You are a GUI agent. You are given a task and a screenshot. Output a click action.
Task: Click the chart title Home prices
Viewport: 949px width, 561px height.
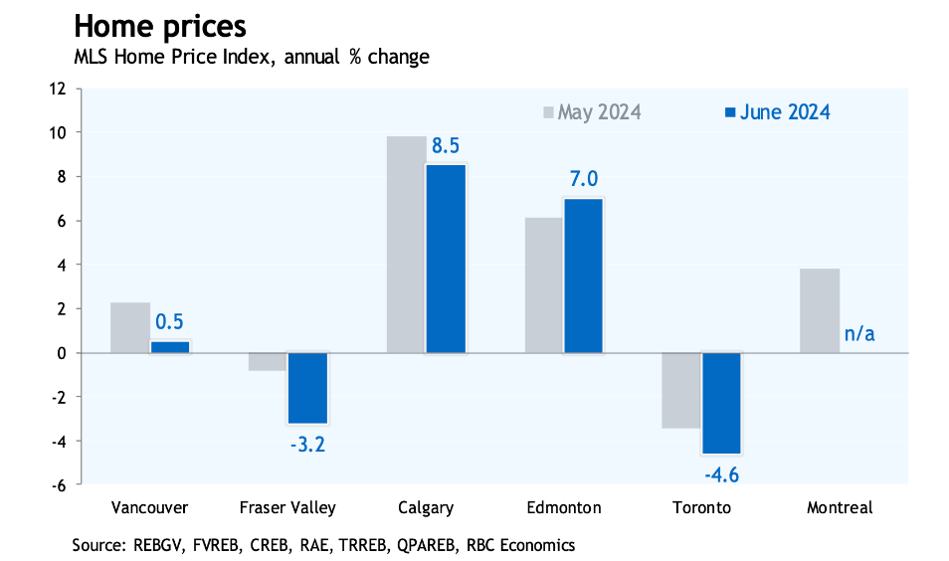(x=159, y=25)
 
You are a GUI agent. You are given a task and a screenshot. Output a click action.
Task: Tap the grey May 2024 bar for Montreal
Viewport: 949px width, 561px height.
(x=821, y=310)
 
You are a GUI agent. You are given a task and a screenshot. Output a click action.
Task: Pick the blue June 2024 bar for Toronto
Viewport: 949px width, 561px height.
(x=721, y=403)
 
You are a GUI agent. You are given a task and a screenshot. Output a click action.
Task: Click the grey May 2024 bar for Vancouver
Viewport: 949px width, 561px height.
(x=130, y=327)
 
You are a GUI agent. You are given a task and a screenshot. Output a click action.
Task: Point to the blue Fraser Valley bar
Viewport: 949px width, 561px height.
(x=307, y=388)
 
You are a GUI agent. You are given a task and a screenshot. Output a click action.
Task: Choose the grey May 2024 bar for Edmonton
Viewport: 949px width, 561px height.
(x=543, y=284)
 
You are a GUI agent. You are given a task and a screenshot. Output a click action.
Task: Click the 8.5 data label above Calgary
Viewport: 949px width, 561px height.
(x=446, y=147)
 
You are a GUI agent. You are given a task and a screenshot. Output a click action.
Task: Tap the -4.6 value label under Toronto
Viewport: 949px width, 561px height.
(x=721, y=473)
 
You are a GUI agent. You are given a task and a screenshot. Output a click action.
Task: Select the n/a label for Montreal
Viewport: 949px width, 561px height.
(x=859, y=333)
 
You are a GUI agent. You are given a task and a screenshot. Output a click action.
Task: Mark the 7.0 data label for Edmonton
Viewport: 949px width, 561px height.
(x=583, y=179)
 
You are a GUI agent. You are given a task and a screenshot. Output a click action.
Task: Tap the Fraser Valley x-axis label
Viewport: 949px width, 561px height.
(x=287, y=507)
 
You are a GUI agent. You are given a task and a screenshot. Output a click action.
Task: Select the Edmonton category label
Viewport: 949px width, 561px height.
(x=564, y=507)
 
